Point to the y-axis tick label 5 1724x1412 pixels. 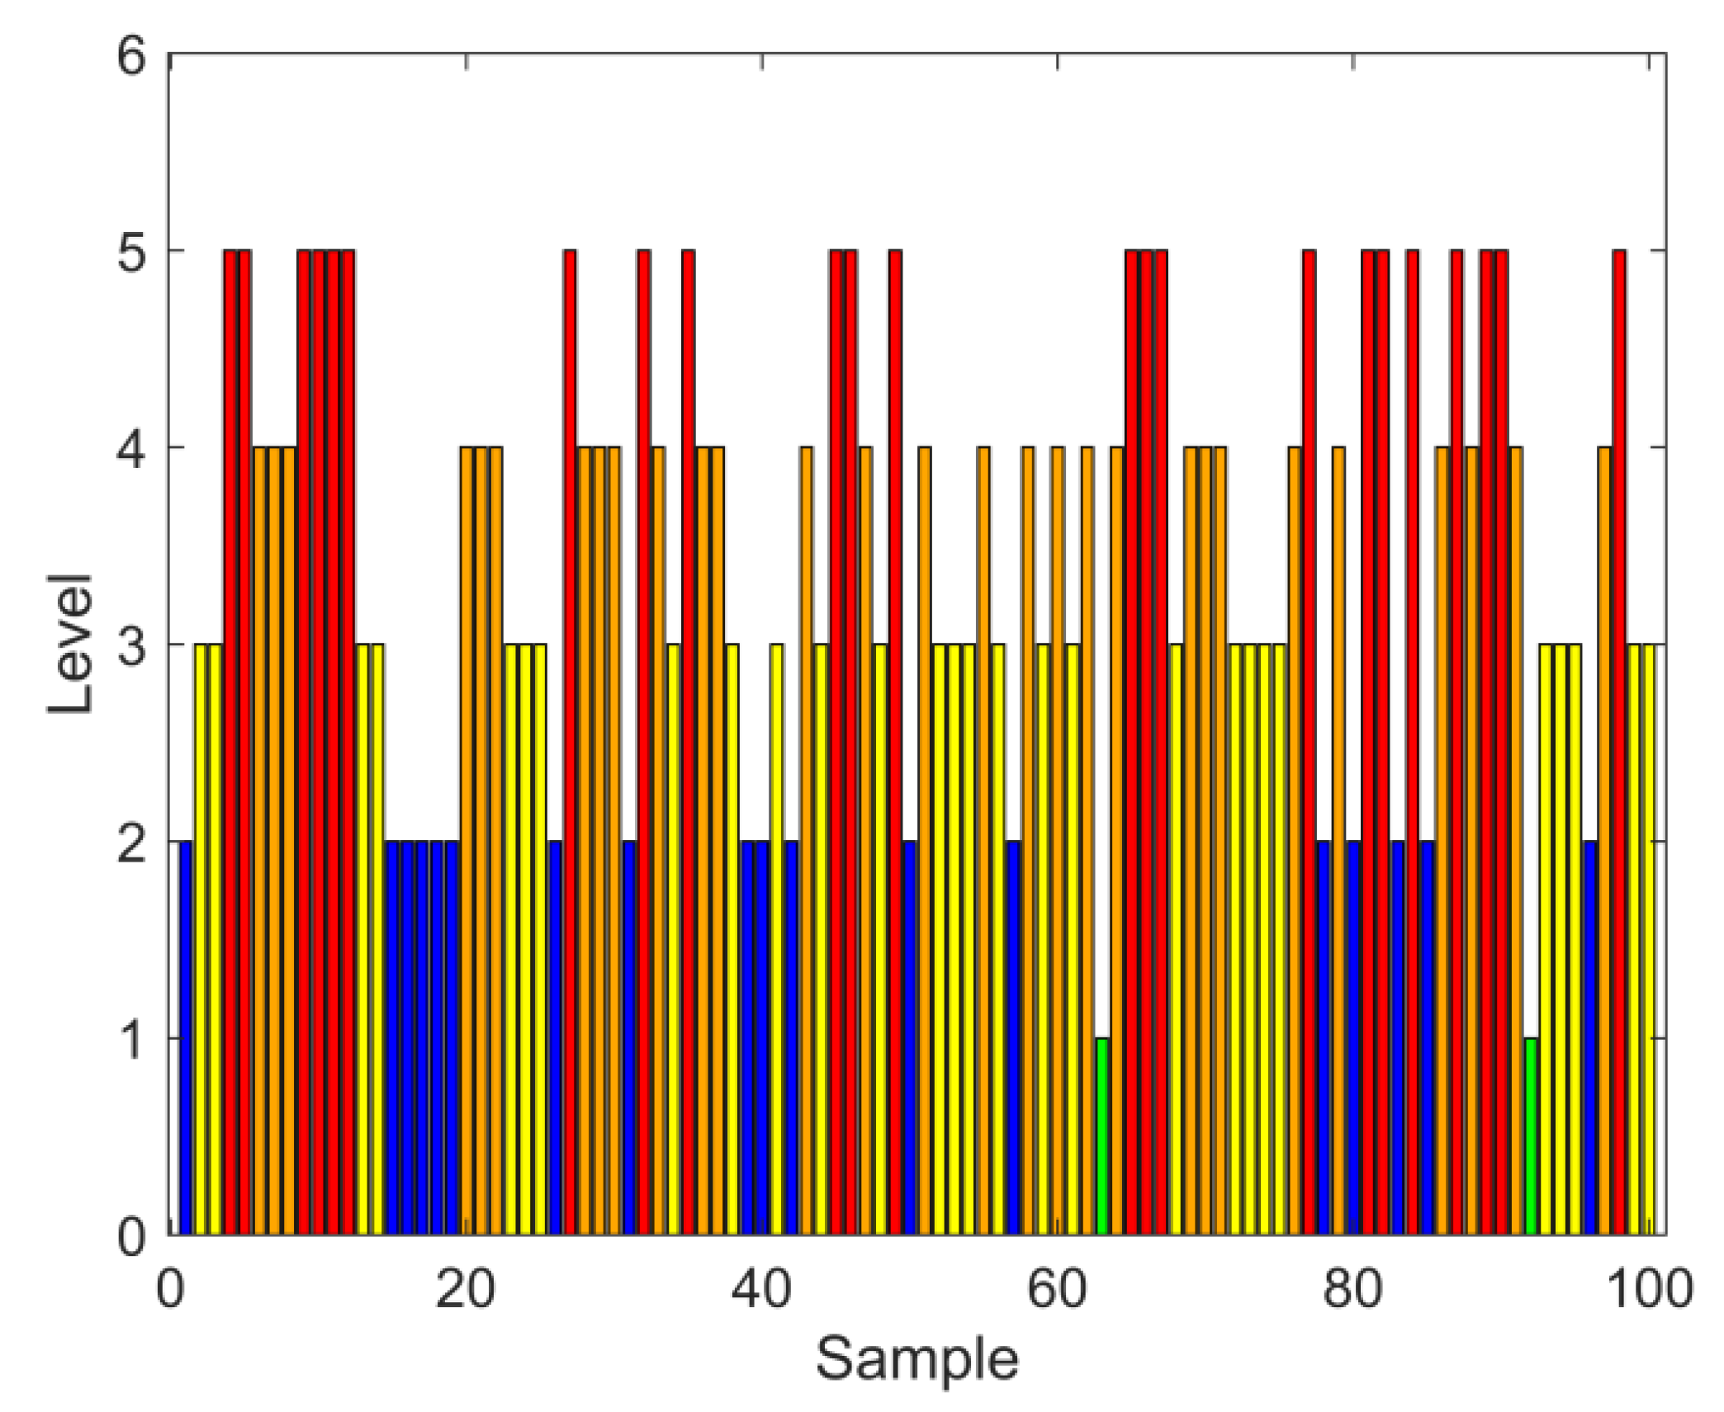coord(131,253)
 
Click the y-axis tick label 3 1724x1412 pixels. coord(131,646)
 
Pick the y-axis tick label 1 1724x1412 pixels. coord(131,1040)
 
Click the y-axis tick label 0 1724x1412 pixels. coord(131,1236)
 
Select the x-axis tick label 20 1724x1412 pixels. coord(465,1288)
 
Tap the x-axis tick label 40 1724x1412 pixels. coord(760,1288)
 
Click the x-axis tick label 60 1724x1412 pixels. coord(1057,1288)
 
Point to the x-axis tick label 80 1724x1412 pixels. coord(1352,1288)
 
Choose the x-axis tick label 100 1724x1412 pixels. coord(1649,1288)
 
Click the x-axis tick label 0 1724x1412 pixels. coord(170,1288)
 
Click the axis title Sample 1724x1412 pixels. coord(916,1358)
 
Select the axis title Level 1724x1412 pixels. coord(69,643)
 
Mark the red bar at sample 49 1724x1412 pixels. coord(895,743)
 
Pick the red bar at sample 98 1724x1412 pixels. coord(1619,743)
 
